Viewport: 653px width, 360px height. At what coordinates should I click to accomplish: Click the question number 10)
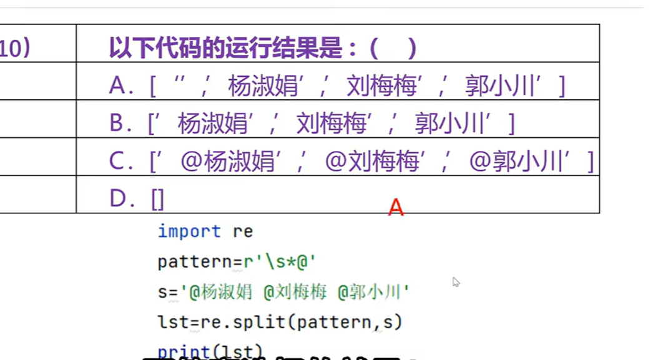(14, 49)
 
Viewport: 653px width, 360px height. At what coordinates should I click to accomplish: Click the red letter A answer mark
(396, 207)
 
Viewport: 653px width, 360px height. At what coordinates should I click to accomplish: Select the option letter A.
(117, 85)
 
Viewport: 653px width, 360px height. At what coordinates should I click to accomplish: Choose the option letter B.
(117, 124)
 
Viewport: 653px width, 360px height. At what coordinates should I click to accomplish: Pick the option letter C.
(117, 162)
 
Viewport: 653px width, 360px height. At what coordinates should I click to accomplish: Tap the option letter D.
(117, 199)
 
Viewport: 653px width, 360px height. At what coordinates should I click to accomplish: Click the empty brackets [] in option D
(157, 200)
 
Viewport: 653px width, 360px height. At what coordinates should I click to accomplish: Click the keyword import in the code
(189, 231)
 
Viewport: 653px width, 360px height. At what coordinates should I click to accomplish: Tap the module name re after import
(243, 232)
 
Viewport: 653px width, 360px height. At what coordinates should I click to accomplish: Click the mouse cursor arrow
(455, 281)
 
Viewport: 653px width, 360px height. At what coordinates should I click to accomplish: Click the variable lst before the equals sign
(169, 322)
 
